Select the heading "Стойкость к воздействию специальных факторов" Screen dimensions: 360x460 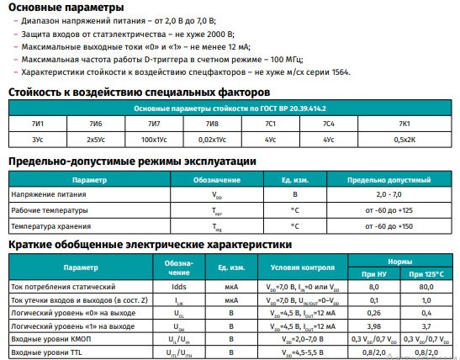[139, 92]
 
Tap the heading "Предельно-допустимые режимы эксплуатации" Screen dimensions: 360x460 [132, 161]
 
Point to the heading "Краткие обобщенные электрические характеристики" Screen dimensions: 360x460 [150, 244]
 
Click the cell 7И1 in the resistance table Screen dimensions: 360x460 [38, 124]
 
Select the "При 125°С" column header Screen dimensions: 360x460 [424, 274]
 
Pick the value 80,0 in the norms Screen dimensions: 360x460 [424, 287]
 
